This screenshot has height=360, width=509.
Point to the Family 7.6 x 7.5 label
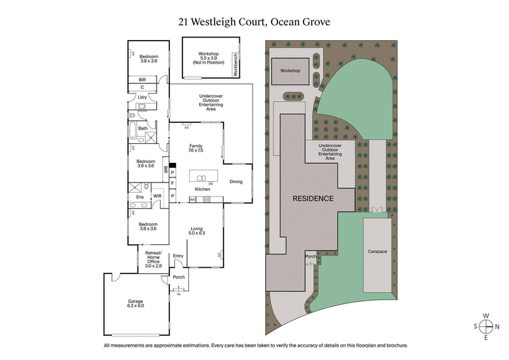[x=195, y=148]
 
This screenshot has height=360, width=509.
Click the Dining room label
[x=236, y=182]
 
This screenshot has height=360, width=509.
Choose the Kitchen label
[x=202, y=190]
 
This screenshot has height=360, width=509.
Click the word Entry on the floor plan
[x=178, y=256]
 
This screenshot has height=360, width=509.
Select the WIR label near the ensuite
[x=157, y=197]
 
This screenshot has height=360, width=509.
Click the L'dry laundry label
[x=143, y=97]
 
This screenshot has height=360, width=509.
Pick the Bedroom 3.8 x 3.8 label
[x=149, y=59]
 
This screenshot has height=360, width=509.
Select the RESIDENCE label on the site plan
[x=312, y=198]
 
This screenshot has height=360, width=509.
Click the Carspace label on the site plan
[x=377, y=251]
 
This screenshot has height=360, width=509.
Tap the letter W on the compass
[x=486, y=315]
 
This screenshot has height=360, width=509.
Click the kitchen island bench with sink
[x=202, y=178]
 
